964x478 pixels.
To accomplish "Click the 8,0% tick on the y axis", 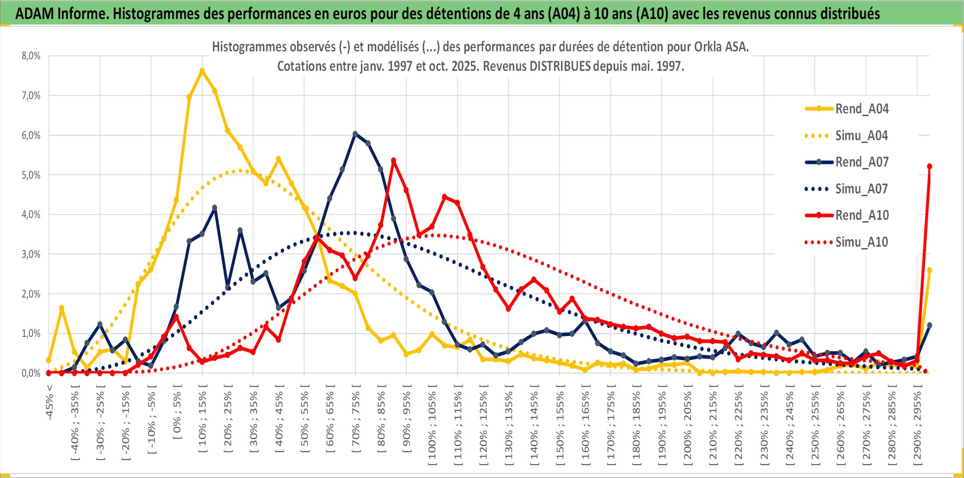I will pos(31,56).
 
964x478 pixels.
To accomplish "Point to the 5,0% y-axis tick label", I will pos(31,175).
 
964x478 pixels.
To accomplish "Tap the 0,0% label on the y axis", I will pos(31,373).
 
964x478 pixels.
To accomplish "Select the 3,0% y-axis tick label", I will pos(31,254).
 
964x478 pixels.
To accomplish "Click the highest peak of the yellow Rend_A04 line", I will pos(202,71).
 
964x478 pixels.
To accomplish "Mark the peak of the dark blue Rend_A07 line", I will pos(355,134).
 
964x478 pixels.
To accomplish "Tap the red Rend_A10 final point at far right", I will pos(929,167).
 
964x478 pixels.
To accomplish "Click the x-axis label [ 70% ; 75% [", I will pos(356,421).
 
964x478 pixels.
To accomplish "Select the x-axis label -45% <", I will pos(49,403).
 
